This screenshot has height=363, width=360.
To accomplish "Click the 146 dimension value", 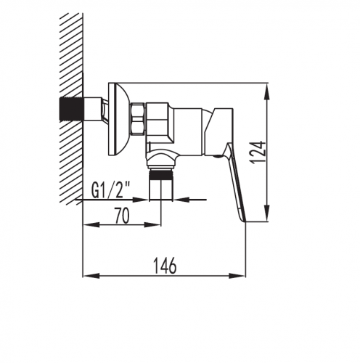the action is pyautogui.click(x=165, y=266).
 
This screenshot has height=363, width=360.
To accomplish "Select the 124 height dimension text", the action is pyautogui.click(x=258, y=152).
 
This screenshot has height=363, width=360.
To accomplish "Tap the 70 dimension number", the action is pyautogui.click(x=122, y=216).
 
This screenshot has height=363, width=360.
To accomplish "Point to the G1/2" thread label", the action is pyautogui.click(x=111, y=190).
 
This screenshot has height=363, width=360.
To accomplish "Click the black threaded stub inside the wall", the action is pyautogui.click(x=71, y=109).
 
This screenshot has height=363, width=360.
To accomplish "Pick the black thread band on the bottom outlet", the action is pyautogui.click(x=161, y=174).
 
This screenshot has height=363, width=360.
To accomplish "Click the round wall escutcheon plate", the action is pyautogui.click(x=118, y=118).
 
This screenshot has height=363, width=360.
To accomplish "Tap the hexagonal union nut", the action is pyautogui.click(x=138, y=118).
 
